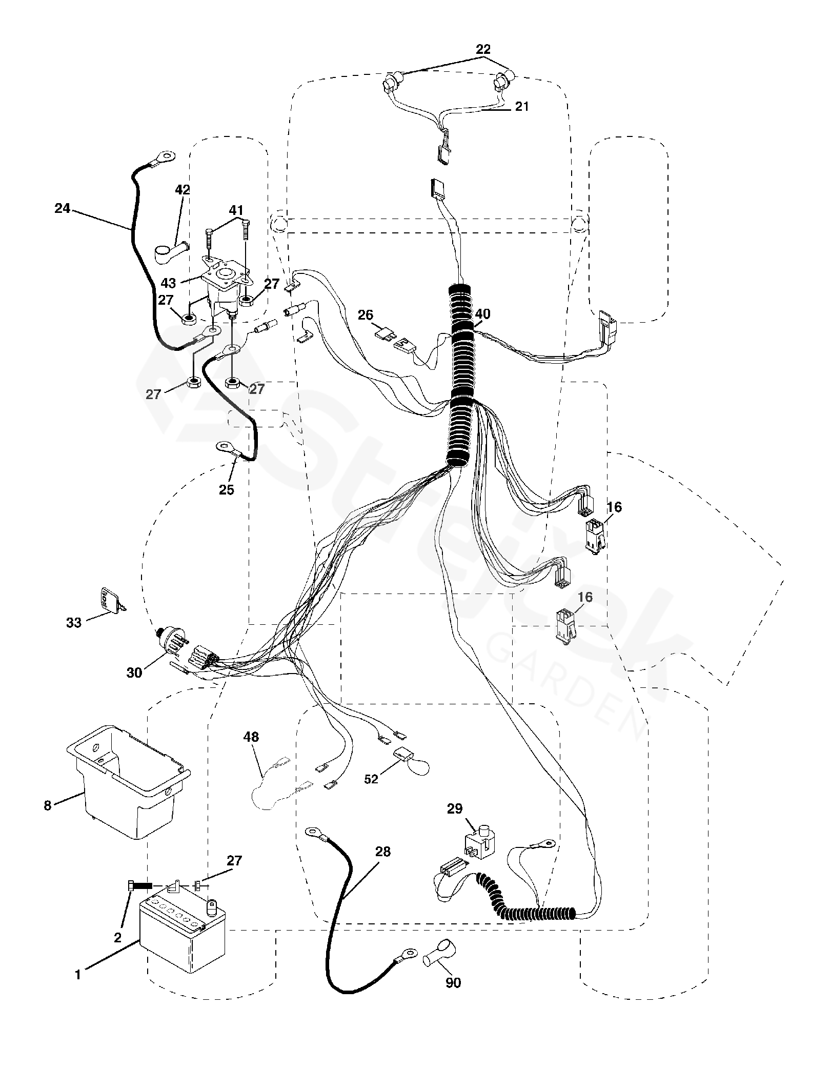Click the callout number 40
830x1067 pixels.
pyautogui.click(x=482, y=314)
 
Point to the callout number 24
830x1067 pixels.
pyautogui.click(x=63, y=209)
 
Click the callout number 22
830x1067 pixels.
pyautogui.click(x=483, y=50)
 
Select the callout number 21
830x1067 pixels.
pyautogui.click(x=521, y=107)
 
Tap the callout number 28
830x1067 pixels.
pyautogui.click(x=383, y=852)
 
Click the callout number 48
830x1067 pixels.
pyautogui.click(x=252, y=737)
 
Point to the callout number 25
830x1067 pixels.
pyautogui.click(x=227, y=489)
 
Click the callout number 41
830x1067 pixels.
pyautogui.click(x=236, y=210)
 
